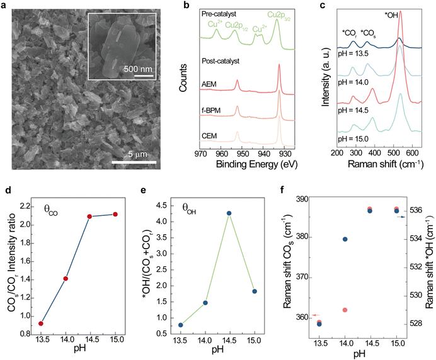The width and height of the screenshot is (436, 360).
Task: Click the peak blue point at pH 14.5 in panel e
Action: [229, 213]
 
